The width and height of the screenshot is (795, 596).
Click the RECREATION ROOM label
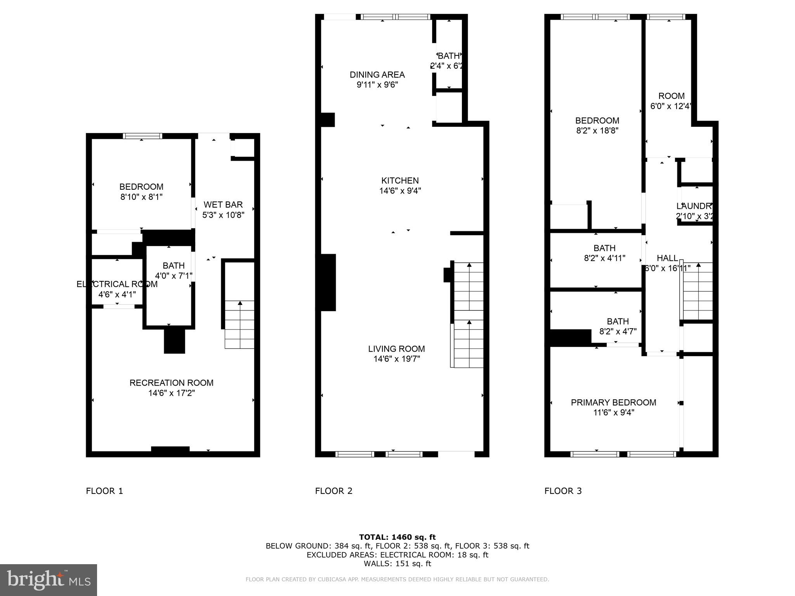coord(171,383)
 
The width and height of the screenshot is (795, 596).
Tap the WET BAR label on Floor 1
coord(223,204)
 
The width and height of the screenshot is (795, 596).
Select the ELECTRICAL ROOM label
coord(117,284)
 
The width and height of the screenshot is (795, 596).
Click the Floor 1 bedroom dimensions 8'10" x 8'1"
coord(141,197)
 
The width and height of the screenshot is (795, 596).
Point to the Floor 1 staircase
coord(240,324)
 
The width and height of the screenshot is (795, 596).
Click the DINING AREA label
coord(377,74)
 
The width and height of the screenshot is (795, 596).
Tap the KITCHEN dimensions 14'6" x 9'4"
coord(400,191)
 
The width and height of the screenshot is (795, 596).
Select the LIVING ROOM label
coord(396,349)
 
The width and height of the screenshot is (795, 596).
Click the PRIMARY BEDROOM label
coord(613,402)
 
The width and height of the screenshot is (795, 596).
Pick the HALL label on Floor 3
coord(667,258)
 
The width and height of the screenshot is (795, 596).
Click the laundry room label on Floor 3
coord(694,206)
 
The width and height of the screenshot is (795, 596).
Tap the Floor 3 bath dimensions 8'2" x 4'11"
coord(604,258)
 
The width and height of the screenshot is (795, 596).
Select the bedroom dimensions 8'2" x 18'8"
coord(597,131)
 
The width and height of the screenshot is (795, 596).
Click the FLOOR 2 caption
coord(333,491)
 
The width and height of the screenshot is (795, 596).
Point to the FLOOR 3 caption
coord(563,491)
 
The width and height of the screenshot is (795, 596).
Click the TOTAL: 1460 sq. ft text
coord(397,537)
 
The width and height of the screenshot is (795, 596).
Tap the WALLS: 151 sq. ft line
coord(397,563)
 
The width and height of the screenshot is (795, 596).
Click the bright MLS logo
coord(49,580)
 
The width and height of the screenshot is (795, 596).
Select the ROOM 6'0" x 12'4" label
coord(671,101)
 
